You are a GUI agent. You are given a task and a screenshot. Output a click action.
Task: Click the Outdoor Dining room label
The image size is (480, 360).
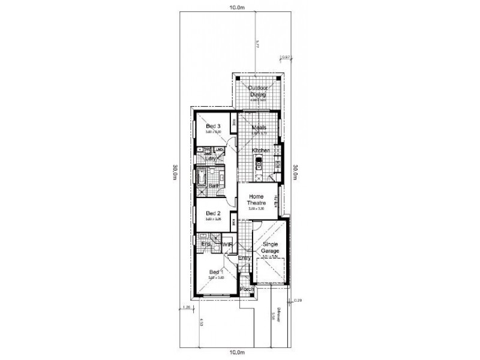[259, 91]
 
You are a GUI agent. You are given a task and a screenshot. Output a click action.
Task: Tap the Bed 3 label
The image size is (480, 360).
[214, 127]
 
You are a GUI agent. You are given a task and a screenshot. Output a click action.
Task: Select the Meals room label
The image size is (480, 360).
[259, 128]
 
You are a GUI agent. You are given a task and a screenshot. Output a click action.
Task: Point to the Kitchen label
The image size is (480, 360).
[260, 150]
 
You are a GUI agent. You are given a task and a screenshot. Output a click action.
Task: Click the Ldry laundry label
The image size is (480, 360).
[211, 158]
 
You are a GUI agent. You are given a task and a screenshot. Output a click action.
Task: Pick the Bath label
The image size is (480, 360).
[212, 186]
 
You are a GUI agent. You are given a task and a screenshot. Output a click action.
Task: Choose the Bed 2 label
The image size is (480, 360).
[214, 213]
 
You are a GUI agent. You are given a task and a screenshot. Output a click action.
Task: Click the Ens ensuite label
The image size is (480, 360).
[204, 244]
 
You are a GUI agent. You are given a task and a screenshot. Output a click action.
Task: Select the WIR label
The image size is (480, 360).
[227, 245]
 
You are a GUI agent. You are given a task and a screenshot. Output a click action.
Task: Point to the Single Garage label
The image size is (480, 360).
[271, 248]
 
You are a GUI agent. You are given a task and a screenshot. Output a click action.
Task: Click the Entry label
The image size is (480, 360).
[244, 259]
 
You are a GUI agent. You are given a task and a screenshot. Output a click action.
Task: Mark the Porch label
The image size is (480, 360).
[246, 290]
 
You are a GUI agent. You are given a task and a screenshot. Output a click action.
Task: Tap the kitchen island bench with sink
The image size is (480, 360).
[259, 164]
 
